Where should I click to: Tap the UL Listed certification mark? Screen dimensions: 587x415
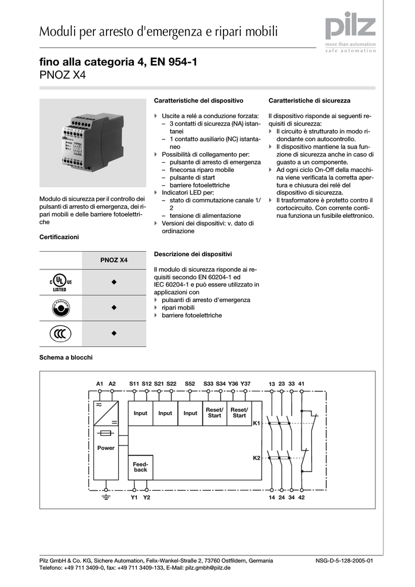[x=60, y=282]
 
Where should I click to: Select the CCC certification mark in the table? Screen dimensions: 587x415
[x=60, y=333]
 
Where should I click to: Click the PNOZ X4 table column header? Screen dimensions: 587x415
[x=114, y=260]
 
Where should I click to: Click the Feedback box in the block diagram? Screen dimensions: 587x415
[x=140, y=466]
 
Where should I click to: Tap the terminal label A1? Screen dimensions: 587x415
[x=100, y=383]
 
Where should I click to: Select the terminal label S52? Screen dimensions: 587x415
[x=190, y=383]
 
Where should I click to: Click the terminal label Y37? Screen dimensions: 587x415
[x=245, y=383]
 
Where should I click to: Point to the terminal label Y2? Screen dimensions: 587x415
[x=147, y=497]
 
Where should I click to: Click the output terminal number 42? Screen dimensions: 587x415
[x=302, y=497]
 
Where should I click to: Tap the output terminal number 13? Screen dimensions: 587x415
[x=272, y=383]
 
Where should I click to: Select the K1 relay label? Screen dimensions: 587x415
[x=256, y=423]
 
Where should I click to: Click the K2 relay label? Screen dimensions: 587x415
[x=256, y=458]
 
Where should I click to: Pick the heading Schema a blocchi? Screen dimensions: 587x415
[x=66, y=357]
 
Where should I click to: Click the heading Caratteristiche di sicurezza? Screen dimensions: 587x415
[x=309, y=100]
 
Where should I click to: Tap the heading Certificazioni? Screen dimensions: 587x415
[x=59, y=237]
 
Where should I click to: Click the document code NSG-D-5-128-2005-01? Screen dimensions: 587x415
[x=344, y=560]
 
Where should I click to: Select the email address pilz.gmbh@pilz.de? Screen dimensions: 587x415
[x=207, y=568]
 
